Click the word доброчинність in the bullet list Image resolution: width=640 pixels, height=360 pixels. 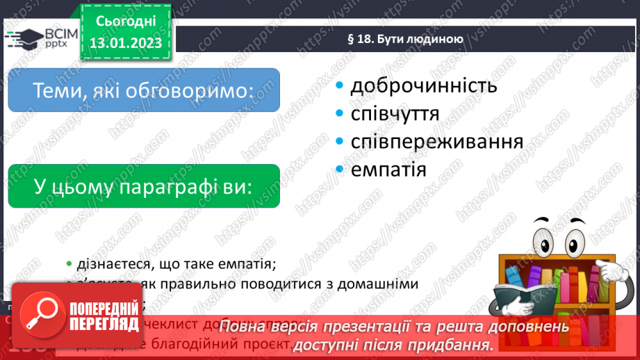point(423,85)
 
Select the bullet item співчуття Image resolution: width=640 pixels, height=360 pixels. point(395,113)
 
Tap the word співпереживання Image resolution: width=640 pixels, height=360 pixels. point(436,142)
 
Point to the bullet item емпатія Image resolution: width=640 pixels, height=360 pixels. point(388,169)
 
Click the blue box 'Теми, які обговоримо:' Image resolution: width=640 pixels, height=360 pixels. point(144,90)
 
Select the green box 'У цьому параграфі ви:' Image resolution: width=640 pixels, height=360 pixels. point(144,186)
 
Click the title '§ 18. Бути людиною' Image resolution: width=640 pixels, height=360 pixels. point(405,39)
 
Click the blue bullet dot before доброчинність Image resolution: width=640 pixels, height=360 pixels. point(340,86)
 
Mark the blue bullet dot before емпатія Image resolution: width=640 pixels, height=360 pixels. point(340,170)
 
